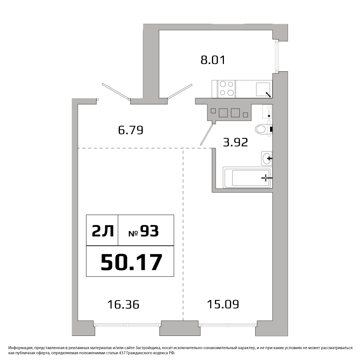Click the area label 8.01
[x=213, y=60]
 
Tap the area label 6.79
[x=131, y=130]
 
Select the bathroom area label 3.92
[x=235, y=142]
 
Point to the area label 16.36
[x=123, y=305]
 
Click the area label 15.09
[x=223, y=304]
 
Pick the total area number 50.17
[x=131, y=262]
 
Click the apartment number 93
[x=149, y=231]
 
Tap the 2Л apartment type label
[x=103, y=231]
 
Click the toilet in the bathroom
[x=264, y=129]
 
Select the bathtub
[x=248, y=177]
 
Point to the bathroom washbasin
[x=266, y=158]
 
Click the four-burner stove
[x=226, y=89]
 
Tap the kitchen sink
[x=264, y=90]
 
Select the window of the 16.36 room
[x=127, y=325]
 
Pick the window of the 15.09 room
[x=228, y=325]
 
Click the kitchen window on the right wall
[x=276, y=56]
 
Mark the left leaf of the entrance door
[x=116, y=92]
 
